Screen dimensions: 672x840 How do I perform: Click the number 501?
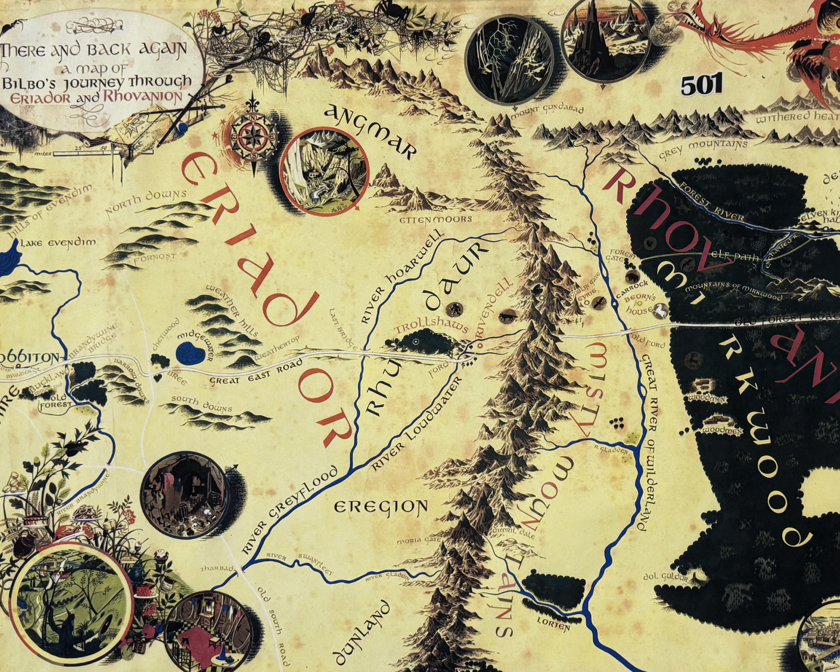point(701,85)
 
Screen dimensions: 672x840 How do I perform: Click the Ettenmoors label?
point(436,219)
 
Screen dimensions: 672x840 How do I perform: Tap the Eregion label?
point(380,507)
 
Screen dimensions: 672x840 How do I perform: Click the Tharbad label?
point(217,569)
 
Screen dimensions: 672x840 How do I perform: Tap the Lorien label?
point(553,624)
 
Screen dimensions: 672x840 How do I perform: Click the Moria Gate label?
point(416,541)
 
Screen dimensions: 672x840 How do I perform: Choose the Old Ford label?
point(647,341)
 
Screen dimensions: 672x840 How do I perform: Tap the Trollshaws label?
point(431,326)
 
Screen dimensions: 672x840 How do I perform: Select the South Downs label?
point(201,404)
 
